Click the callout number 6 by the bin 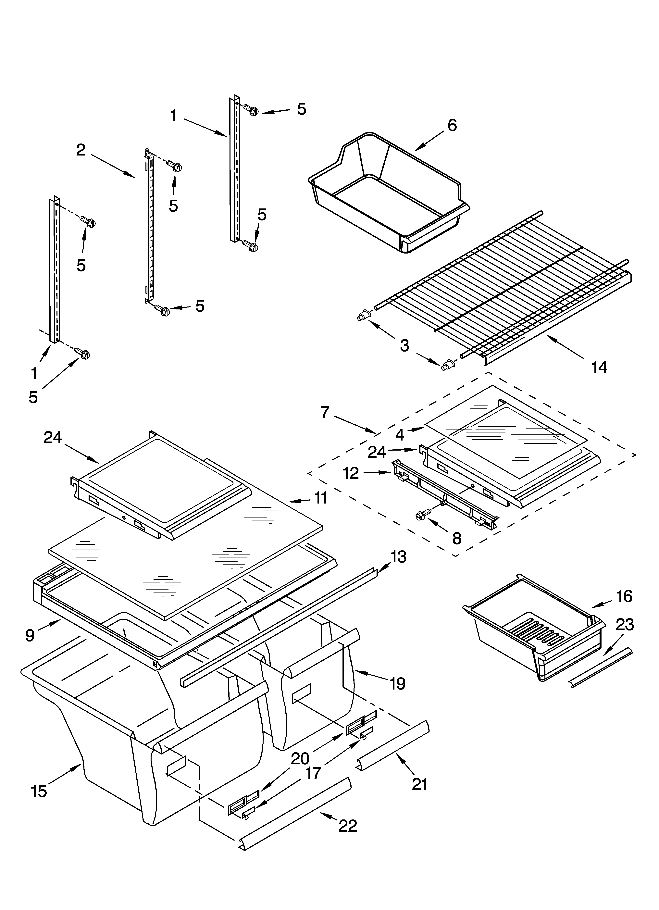point(452,126)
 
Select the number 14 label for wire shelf point(599,367)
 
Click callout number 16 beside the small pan point(624,596)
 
